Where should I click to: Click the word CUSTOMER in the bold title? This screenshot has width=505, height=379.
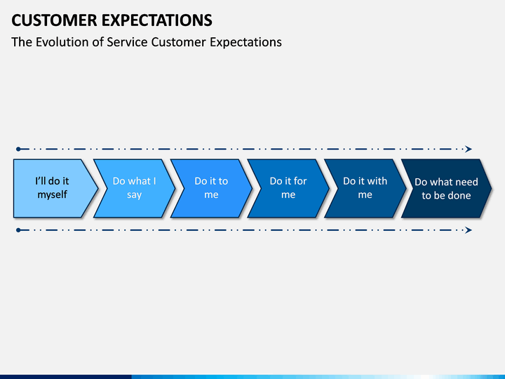point(54,20)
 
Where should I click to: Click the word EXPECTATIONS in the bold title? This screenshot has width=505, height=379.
point(157,20)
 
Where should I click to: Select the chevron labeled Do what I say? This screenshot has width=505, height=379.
point(134,188)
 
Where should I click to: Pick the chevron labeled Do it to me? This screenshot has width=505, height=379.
point(211,188)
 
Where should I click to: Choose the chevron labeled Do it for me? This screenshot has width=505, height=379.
point(288,188)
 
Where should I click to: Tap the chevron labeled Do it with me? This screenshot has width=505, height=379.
point(365,188)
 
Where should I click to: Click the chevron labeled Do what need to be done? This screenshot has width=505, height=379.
point(446,188)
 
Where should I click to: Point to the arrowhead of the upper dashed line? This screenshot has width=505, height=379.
point(469,149)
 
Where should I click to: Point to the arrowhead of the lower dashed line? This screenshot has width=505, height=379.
point(469,230)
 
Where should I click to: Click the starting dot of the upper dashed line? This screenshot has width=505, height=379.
point(18,149)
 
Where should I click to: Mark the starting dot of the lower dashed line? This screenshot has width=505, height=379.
point(18,230)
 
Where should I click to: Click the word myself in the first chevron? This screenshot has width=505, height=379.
point(52,195)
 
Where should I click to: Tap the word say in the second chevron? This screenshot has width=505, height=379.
point(134,195)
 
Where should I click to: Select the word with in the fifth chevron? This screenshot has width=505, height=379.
point(377,181)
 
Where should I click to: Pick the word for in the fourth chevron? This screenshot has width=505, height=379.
point(300,181)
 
